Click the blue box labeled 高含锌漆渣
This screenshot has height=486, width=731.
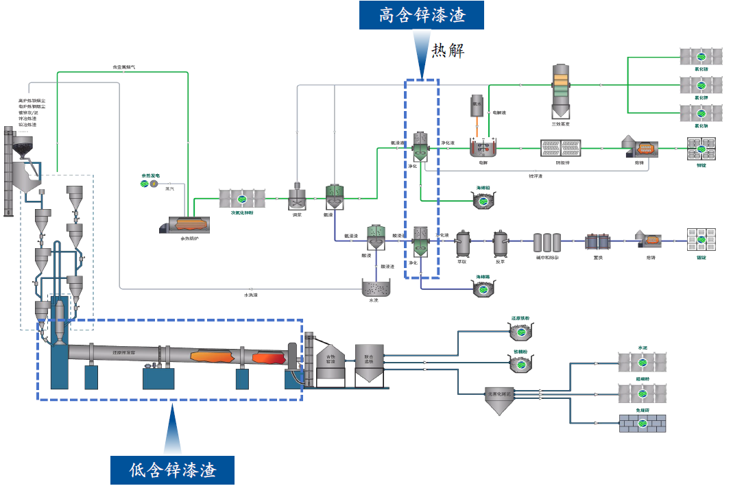pos(422,15)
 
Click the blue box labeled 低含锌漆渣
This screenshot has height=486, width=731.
pos(172,470)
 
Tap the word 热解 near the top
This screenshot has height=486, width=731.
pos(447,51)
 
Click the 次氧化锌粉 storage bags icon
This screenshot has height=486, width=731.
pos(241,199)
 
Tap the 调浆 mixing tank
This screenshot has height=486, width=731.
pos(298,198)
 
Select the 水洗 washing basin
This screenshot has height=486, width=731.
pos(374,288)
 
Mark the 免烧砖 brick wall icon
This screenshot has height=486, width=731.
pos(643,423)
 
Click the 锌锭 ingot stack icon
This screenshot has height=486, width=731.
pos(701,146)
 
